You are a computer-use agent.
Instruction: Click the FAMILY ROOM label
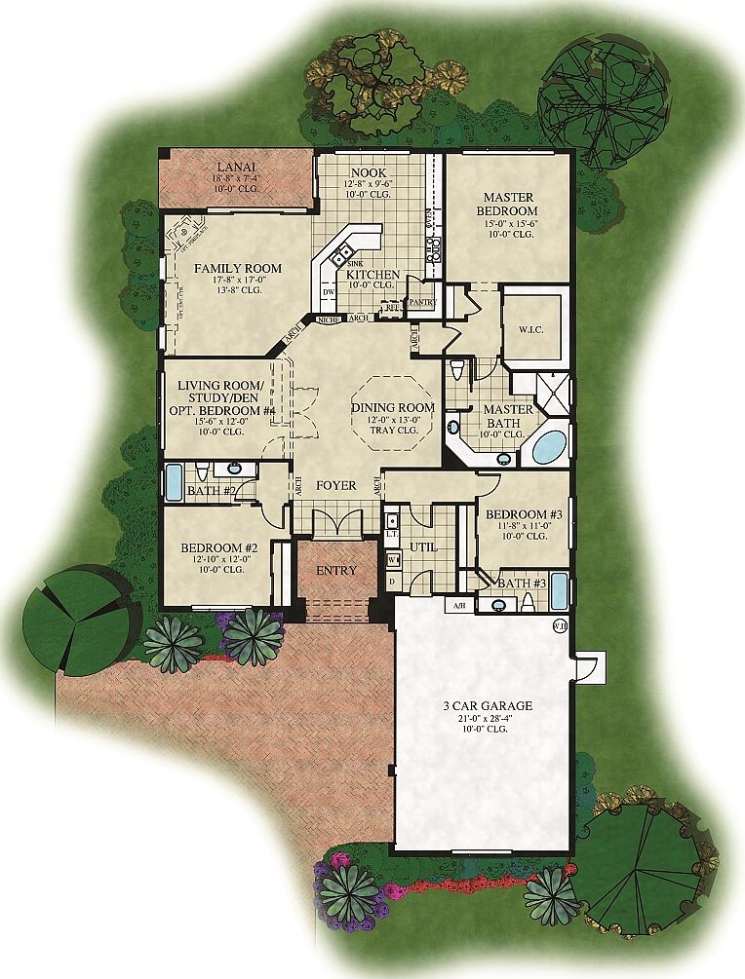(237, 268)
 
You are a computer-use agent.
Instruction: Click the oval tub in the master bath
(548, 447)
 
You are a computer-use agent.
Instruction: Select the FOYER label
(334, 485)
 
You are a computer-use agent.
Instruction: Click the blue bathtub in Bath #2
(174, 481)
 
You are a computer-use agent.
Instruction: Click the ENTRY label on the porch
(335, 570)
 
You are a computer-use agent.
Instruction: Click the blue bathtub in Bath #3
(559, 590)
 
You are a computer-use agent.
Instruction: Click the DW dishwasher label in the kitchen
(330, 290)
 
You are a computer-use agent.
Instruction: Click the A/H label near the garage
(459, 605)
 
